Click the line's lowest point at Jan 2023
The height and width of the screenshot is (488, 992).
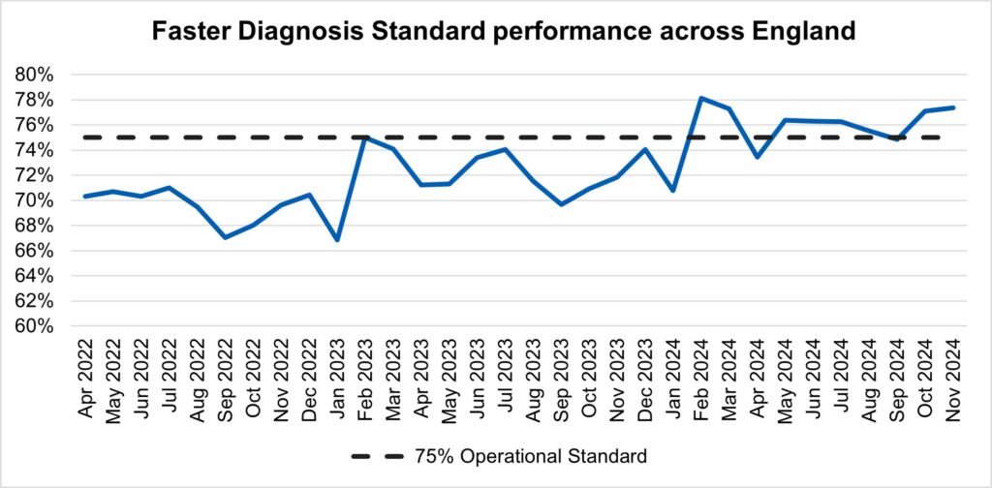336,239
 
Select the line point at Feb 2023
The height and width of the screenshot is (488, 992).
364,137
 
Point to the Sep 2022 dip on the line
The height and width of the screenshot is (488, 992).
225,237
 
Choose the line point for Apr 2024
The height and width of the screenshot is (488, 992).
758,157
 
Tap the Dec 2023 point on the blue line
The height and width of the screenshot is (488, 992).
645,149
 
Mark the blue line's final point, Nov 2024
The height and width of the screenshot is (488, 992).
953,107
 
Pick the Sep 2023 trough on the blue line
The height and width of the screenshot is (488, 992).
561,204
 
